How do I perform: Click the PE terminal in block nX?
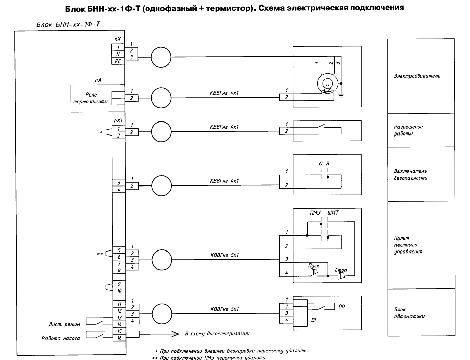tap(118, 61)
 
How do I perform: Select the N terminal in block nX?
tap(118, 54)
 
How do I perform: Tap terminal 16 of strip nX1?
tap(119, 338)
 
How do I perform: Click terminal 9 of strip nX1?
tap(119, 284)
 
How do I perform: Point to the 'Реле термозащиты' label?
tap(90, 98)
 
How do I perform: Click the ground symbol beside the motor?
tap(341, 95)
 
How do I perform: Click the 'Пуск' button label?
tap(314, 266)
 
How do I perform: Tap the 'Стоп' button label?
tap(341, 270)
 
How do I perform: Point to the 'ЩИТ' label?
tap(333, 213)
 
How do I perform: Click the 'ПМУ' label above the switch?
tap(315, 213)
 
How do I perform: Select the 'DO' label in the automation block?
tap(341, 306)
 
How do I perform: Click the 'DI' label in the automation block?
tap(314, 320)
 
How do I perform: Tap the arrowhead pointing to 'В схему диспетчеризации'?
tap(175, 334)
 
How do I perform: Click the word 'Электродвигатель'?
tap(417, 76)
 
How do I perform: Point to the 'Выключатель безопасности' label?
tap(410, 175)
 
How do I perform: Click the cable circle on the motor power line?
tap(161, 57)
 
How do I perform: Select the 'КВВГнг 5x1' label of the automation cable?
tap(224, 309)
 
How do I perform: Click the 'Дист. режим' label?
tap(64, 324)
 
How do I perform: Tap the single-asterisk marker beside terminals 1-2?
tap(101, 133)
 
